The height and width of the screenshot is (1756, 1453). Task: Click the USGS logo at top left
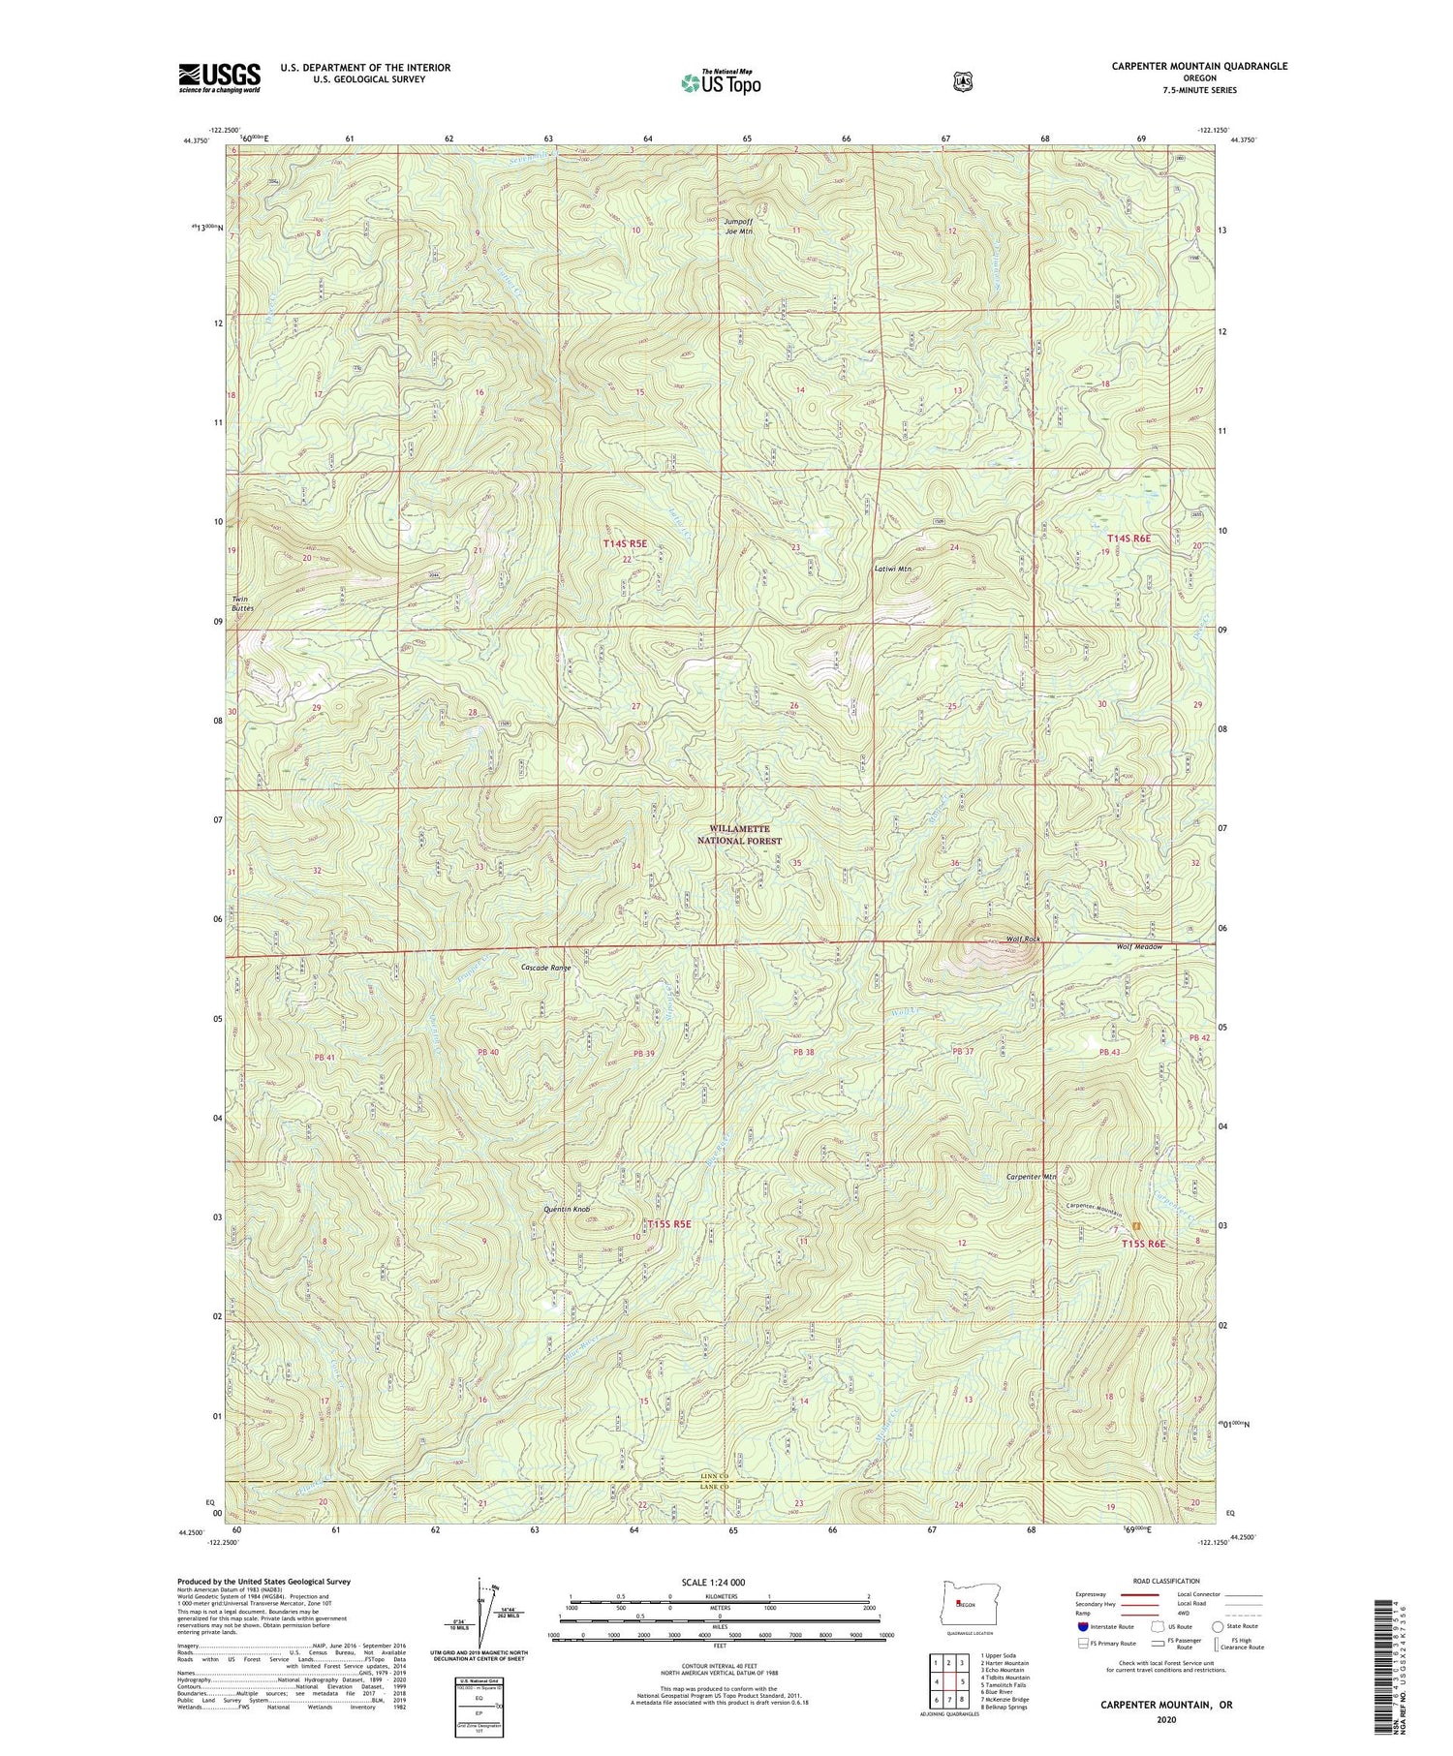(x=219, y=77)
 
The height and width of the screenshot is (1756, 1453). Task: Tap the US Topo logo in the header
(x=722, y=82)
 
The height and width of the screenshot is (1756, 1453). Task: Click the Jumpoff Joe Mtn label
(x=738, y=226)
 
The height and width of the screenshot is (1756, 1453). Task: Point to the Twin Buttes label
(x=241, y=603)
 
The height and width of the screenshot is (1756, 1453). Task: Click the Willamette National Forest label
(x=744, y=835)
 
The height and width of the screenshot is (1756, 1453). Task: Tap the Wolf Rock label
(x=1023, y=940)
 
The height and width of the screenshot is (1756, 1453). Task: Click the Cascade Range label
(x=546, y=968)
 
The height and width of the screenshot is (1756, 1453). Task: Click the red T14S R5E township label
(x=624, y=544)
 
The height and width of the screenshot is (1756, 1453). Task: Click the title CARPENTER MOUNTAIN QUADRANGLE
(x=1199, y=66)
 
